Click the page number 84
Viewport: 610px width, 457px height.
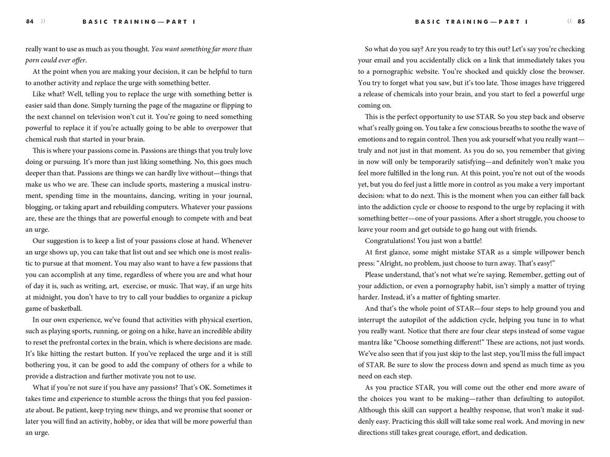(30, 21)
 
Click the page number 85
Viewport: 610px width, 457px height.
(581, 21)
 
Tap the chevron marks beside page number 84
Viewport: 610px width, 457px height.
(43, 21)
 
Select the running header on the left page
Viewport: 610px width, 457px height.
(140, 21)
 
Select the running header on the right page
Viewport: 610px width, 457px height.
(472, 21)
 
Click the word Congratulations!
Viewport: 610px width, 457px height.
(394, 240)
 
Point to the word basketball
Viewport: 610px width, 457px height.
(63, 308)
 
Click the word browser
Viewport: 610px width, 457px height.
(569, 71)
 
